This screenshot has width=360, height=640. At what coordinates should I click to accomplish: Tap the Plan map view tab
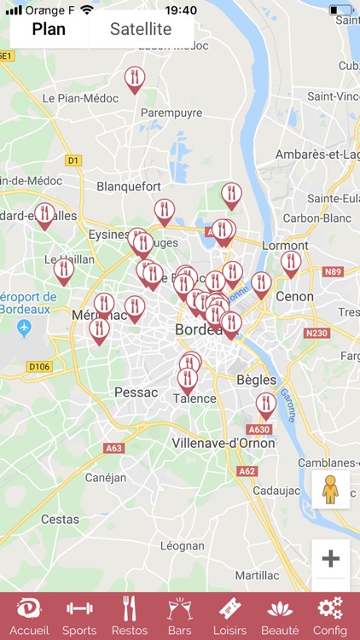49,29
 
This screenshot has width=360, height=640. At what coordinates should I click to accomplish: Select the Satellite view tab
141,29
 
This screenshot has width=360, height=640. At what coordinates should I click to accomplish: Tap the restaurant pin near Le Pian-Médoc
134,79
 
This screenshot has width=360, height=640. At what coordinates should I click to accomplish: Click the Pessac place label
136,393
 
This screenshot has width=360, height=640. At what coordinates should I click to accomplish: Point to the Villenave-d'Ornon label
224,443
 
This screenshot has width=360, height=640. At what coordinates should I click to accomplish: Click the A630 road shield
258,429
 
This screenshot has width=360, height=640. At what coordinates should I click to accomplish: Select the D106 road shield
39,367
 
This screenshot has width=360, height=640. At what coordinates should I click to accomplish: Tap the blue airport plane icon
24,328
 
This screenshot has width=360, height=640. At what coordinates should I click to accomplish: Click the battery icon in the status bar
340,10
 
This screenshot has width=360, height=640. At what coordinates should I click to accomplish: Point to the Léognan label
183,545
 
